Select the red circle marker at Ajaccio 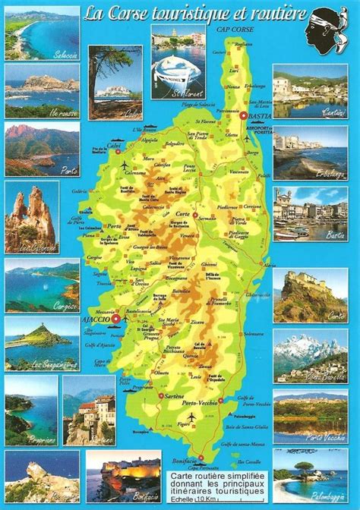(x=115, y=320)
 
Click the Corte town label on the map (x=183, y=215)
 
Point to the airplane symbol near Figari (x=191, y=417)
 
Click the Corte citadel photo (x=310, y=294)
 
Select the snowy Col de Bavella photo (x=310, y=354)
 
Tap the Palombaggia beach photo (x=310, y=474)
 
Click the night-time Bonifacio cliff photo (x=123, y=475)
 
